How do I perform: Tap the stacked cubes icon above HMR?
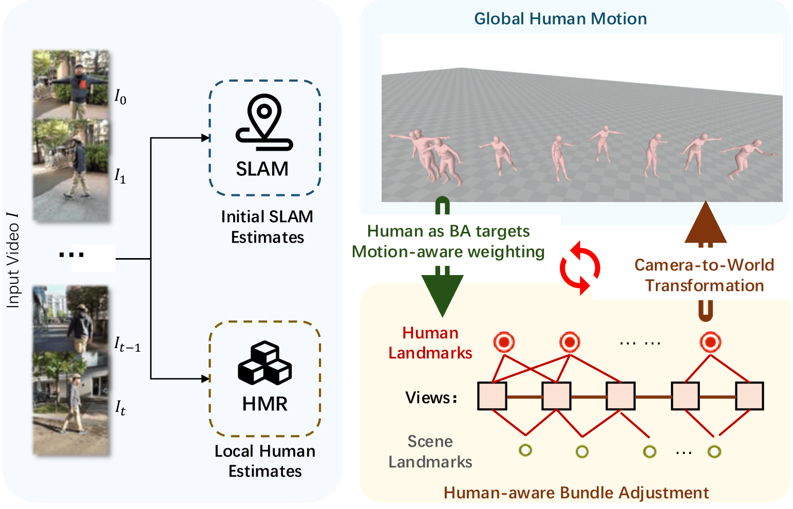265,363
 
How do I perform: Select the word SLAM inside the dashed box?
262,169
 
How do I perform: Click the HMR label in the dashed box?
265,404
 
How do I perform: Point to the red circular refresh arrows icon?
580,267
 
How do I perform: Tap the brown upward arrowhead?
706,223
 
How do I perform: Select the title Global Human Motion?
560,19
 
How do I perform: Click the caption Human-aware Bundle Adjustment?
576,493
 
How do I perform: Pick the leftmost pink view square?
492,396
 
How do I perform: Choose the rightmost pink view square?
749,396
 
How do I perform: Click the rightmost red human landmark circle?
710,342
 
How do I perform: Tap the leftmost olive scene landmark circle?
525,450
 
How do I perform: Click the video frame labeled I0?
71,84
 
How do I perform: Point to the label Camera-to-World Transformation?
704,275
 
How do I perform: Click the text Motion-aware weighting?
448,252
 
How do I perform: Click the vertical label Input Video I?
13,260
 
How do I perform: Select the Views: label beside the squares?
431,397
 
